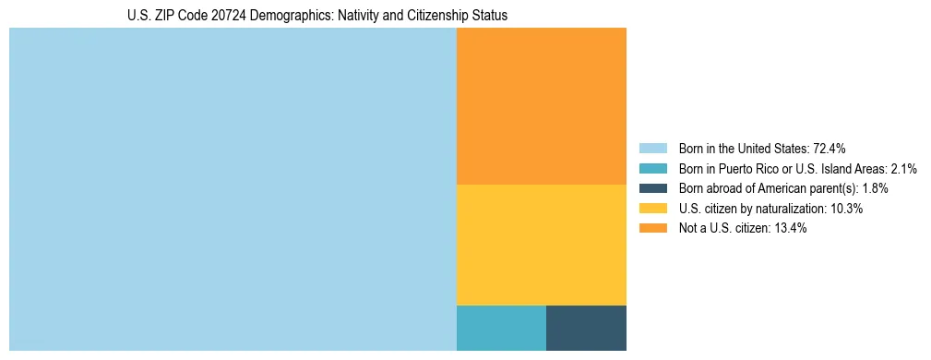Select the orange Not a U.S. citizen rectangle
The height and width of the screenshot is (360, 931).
(542, 106)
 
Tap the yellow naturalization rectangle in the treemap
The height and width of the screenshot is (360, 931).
(542, 245)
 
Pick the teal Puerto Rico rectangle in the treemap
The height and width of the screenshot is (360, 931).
(501, 328)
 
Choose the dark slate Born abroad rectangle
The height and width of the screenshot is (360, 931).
(586, 328)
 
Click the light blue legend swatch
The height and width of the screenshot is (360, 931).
(653, 149)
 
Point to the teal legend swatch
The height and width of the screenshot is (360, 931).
(653, 169)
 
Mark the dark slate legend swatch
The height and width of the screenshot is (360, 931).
(653, 188)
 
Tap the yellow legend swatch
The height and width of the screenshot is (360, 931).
(653, 209)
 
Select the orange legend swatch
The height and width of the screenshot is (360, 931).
(653, 229)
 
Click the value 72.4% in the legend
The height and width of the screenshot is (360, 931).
(830, 149)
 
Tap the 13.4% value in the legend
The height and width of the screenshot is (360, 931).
(790, 229)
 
